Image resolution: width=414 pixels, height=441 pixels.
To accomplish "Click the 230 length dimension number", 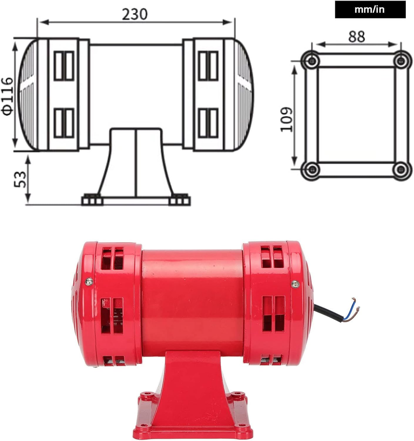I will [135, 14].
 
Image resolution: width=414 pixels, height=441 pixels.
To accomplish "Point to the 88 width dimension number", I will [357, 37].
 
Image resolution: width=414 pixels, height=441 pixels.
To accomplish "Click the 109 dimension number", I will [286, 119].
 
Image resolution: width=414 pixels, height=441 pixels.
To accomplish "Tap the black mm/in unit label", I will [370, 10].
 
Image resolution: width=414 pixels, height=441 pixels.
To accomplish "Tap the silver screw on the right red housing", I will [295, 284].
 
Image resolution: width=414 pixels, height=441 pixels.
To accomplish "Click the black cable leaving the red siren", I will [326, 313].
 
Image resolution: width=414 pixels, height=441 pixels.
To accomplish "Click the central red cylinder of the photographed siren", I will [192, 300].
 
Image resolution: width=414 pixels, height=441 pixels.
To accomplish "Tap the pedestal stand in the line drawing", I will [136, 165].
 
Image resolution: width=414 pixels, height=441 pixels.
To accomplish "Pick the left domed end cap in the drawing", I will [29, 95].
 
